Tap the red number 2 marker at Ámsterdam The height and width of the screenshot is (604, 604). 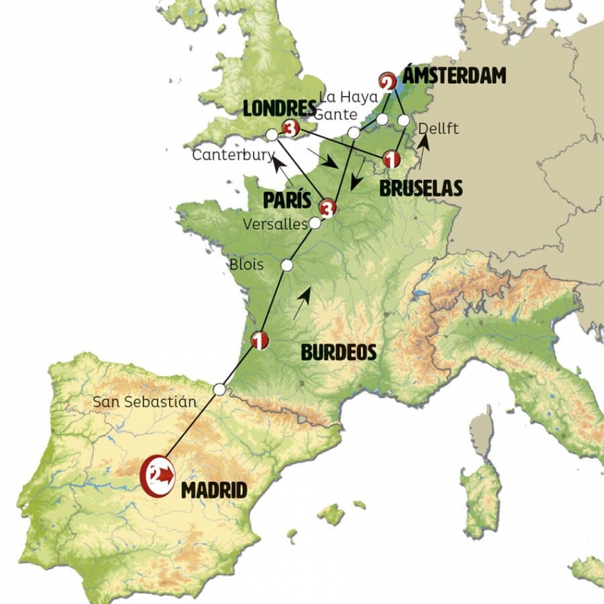click(x=388, y=82)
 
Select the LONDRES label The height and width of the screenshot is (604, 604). click(x=279, y=109)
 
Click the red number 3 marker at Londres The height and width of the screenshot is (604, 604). click(x=289, y=129)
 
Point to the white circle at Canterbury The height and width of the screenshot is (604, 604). click(x=271, y=134)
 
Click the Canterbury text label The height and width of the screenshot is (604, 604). click(x=232, y=155)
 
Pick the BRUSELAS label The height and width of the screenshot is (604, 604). click(x=421, y=188)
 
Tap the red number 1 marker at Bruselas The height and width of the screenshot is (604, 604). click(x=389, y=158)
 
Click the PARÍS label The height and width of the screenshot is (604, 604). click(x=287, y=200)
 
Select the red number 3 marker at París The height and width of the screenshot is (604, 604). click(x=327, y=208)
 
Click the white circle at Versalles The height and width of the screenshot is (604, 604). click(x=315, y=223)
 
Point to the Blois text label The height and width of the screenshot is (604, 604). click(x=247, y=264)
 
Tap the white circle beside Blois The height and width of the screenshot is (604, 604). click(x=287, y=265)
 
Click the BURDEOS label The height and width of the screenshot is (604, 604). click(x=338, y=352)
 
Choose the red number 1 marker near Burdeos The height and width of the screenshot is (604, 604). click(x=259, y=341)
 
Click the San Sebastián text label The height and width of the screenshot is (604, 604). click(x=144, y=401)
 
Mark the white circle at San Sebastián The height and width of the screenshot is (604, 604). click(x=220, y=389)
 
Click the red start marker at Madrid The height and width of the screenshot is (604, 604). click(x=157, y=475)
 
